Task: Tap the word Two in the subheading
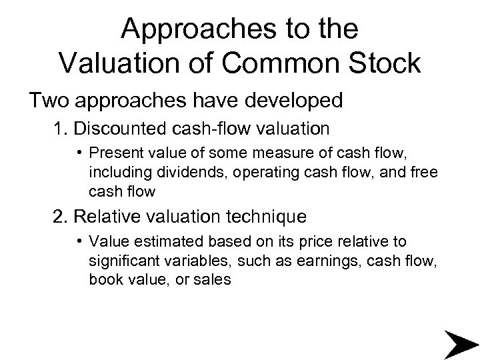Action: click(49, 101)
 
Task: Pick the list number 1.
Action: click(61, 129)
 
